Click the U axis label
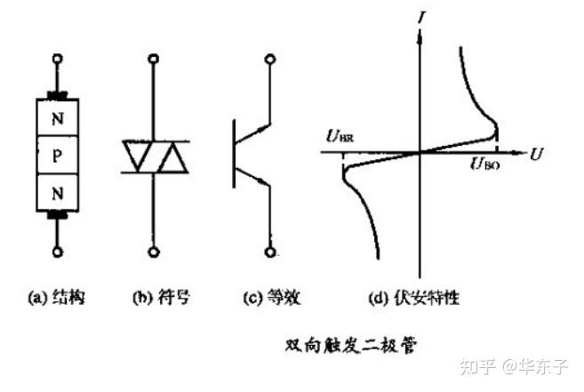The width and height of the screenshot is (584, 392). (535, 154)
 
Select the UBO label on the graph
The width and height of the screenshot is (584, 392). (484, 165)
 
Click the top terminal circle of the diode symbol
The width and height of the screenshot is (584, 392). (155, 60)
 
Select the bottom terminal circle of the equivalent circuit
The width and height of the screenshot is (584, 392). (269, 251)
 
